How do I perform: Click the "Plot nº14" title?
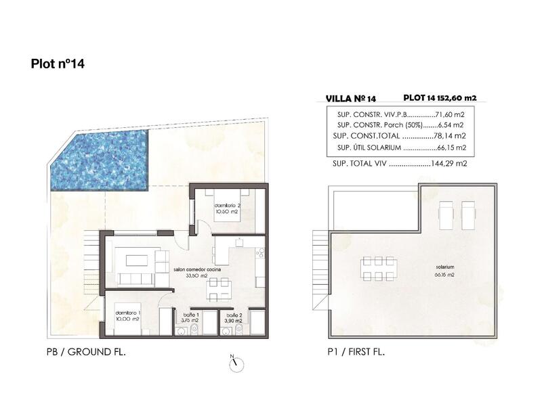pos(57,64)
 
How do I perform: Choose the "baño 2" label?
pos(234,315)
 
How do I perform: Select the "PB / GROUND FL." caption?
pos(82,353)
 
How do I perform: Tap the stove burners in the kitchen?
pos(259,254)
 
